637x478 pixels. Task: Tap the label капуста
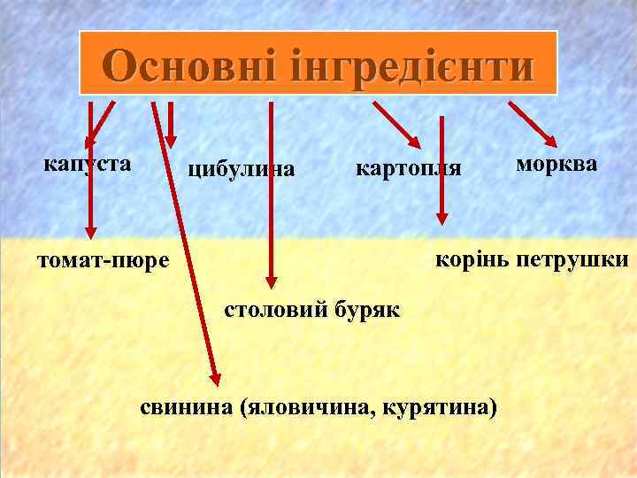[x=88, y=164]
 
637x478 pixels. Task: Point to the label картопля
[x=408, y=168]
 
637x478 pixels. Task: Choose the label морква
[x=556, y=165]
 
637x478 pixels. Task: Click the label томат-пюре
[x=103, y=262]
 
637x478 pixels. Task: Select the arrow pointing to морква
[x=532, y=124]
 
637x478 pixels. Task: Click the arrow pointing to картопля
[x=396, y=124]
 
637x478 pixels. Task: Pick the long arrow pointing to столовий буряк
[x=272, y=195]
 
